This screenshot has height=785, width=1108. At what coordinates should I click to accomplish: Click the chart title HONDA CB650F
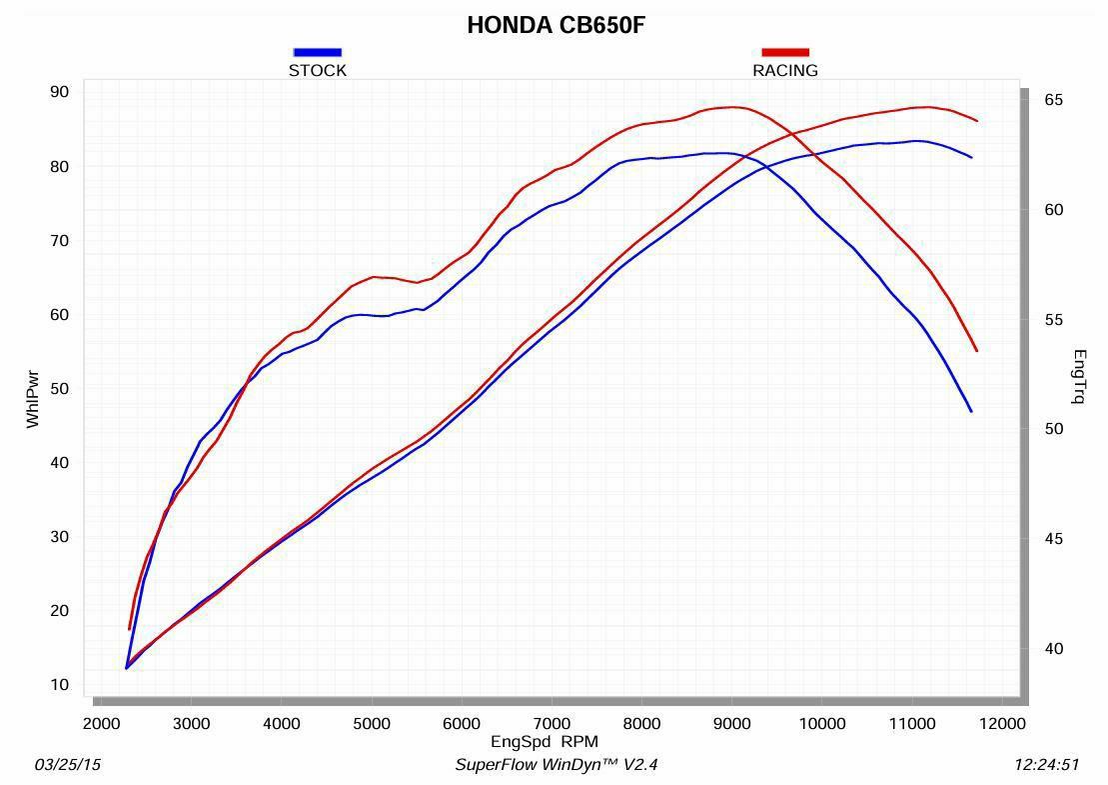pos(555,26)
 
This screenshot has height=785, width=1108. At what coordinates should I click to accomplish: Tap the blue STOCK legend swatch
pos(318,52)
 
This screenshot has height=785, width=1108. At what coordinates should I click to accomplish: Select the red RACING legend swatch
pos(785,52)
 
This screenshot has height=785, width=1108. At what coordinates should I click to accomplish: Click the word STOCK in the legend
pos(318,71)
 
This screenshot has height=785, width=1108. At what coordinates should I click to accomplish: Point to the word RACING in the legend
pos(785,71)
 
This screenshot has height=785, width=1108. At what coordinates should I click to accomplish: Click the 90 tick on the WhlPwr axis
pos(59,92)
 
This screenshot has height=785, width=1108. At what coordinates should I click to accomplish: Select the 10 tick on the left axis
pos(59,685)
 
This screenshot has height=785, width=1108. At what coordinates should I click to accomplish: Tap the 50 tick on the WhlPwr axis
pos(59,389)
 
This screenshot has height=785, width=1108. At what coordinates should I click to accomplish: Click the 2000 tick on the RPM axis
pos(101,724)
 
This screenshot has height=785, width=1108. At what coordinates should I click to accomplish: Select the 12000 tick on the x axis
pos(1003,724)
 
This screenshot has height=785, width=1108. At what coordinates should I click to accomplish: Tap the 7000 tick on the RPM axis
pos(552,724)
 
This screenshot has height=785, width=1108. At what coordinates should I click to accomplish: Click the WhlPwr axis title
pos(32,399)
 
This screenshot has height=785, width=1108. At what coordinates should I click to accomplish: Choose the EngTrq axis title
pos(1079,377)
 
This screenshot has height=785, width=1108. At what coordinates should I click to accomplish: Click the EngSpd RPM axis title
pos(545,742)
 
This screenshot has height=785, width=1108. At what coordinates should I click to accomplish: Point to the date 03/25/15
pos(68,765)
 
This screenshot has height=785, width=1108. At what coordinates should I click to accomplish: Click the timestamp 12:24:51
pos(1046,765)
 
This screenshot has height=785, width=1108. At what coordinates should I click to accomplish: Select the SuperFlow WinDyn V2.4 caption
pos(556,765)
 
